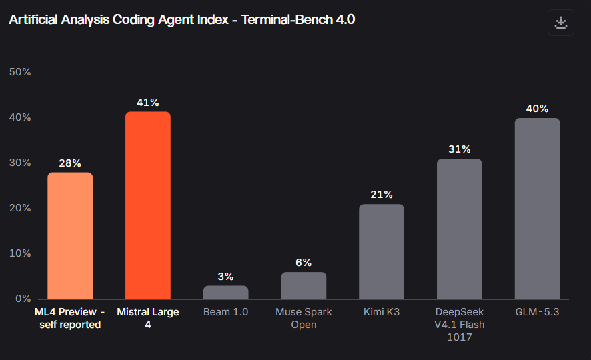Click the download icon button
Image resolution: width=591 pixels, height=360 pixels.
(561, 23)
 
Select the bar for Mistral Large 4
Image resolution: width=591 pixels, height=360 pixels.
(148, 205)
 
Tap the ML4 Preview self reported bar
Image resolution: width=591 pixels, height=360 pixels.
(70, 236)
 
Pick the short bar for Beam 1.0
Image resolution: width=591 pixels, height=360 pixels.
(225, 293)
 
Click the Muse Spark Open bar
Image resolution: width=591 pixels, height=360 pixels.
(304, 285)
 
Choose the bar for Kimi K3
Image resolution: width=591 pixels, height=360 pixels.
(382, 251)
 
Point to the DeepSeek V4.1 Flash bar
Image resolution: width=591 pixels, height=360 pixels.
(460, 229)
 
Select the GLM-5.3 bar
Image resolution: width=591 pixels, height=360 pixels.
(537, 209)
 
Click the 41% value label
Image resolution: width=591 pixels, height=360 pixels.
(148, 103)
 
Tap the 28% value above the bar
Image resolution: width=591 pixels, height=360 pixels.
(70, 163)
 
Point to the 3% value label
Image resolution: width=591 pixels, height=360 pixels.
(225, 277)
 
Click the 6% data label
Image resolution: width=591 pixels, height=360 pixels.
(304, 263)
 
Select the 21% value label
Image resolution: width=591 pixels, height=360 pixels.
(382, 194)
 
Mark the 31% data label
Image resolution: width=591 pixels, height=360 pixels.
(460, 149)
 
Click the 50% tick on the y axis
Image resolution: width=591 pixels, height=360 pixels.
(20, 72)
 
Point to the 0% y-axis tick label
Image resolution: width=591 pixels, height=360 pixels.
(23, 299)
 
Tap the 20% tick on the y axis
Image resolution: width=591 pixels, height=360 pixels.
(20, 208)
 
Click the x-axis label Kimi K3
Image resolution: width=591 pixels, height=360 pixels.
(382, 312)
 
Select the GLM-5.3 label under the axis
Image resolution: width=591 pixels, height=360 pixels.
(537, 312)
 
